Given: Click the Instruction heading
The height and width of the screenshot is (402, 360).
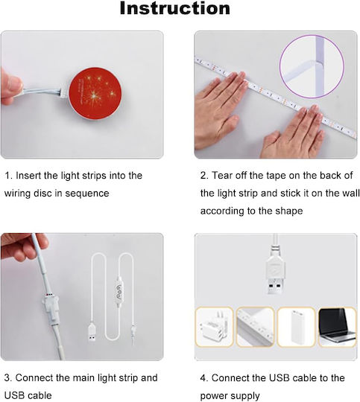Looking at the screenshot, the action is click(175, 8).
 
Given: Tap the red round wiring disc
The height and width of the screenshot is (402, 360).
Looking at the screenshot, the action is click(95, 94).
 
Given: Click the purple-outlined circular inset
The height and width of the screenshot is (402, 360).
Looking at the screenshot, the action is click(312, 67).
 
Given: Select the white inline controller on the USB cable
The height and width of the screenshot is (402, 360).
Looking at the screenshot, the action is click(119, 291).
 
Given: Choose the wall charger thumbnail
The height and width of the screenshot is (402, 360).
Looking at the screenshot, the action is click(215, 327).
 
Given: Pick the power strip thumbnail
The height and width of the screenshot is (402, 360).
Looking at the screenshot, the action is click(255, 327).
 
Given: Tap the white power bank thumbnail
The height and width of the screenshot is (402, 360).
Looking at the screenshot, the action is click(297, 327).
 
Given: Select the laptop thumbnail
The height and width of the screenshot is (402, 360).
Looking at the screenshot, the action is click(338, 327).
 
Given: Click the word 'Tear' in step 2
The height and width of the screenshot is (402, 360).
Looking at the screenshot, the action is click(222, 176).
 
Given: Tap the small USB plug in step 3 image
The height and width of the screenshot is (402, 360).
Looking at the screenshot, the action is click(92, 333).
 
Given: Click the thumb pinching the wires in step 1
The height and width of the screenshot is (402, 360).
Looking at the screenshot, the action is click(11, 86).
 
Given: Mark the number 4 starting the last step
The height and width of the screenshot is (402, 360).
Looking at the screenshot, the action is click(203, 378).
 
